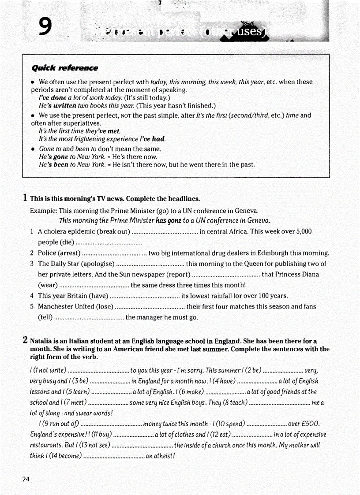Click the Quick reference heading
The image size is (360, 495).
coord(64,68)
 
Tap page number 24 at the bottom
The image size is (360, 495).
coord(26,479)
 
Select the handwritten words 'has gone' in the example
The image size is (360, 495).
coord(169,220)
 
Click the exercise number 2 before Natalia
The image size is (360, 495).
coord(25,340)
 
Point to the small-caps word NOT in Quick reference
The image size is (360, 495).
coord(125,116)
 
